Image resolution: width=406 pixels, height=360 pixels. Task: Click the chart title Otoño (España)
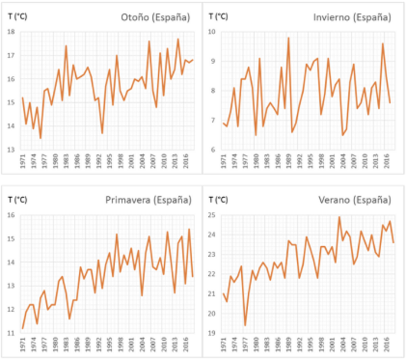pos(155,17)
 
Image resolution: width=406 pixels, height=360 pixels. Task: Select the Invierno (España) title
pos(352,17)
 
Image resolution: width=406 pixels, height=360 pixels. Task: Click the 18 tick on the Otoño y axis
pos(12,32)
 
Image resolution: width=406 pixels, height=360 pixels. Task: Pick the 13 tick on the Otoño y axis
pos(12,149)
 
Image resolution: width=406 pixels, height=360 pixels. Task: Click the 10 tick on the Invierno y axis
pos(213,32)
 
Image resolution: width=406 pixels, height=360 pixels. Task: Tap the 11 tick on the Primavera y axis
pos(12,333)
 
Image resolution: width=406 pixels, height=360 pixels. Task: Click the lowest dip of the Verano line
pos(246,325)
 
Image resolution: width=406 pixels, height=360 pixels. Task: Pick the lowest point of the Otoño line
pos(40,138)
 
